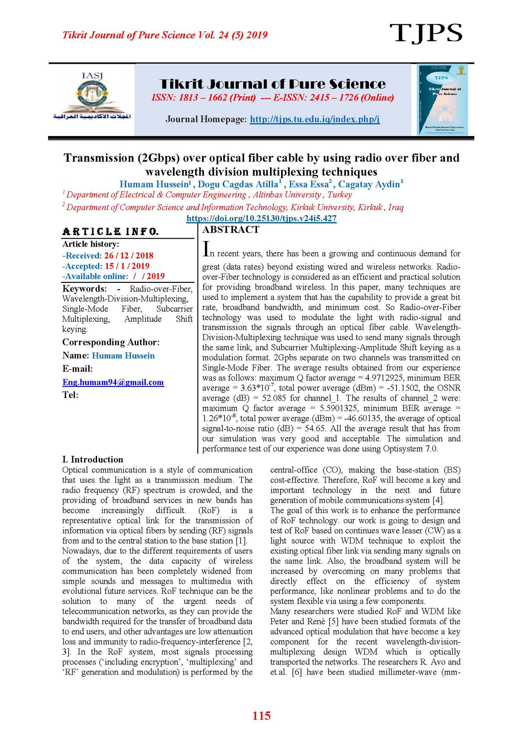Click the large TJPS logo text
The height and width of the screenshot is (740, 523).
tap(426, 33)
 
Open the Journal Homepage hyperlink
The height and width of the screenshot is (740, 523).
tap(314, 119)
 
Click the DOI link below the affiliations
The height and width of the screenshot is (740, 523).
tap(261, 218)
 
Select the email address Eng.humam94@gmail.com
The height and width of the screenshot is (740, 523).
tap(113, 382)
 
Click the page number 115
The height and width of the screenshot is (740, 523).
tap(261, 716)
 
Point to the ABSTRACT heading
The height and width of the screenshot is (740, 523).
tap(231, 230)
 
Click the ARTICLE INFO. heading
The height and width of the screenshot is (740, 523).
tap(110, 232)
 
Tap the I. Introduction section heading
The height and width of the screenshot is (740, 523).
tap(93, 459)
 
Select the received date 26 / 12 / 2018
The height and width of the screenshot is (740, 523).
tap(129, 256)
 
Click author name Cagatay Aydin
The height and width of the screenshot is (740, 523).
tap(369, 184)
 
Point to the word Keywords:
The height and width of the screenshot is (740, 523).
tap(84, 289)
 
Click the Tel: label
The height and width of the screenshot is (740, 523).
tap(70, 395)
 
